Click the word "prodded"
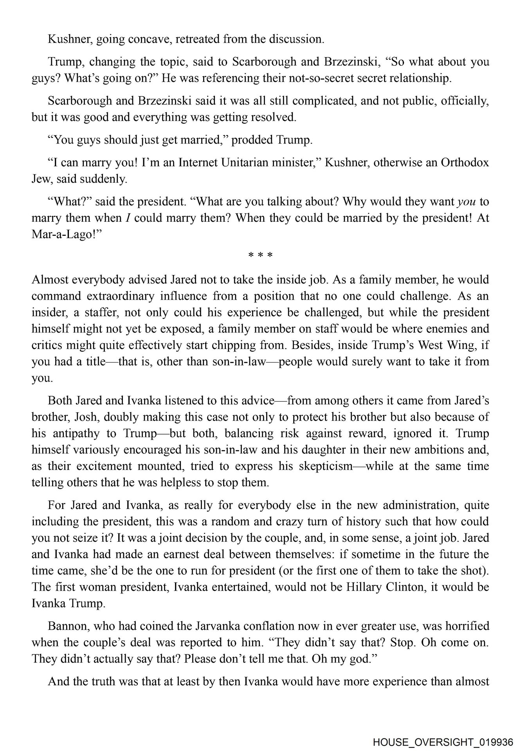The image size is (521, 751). point(246,140)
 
